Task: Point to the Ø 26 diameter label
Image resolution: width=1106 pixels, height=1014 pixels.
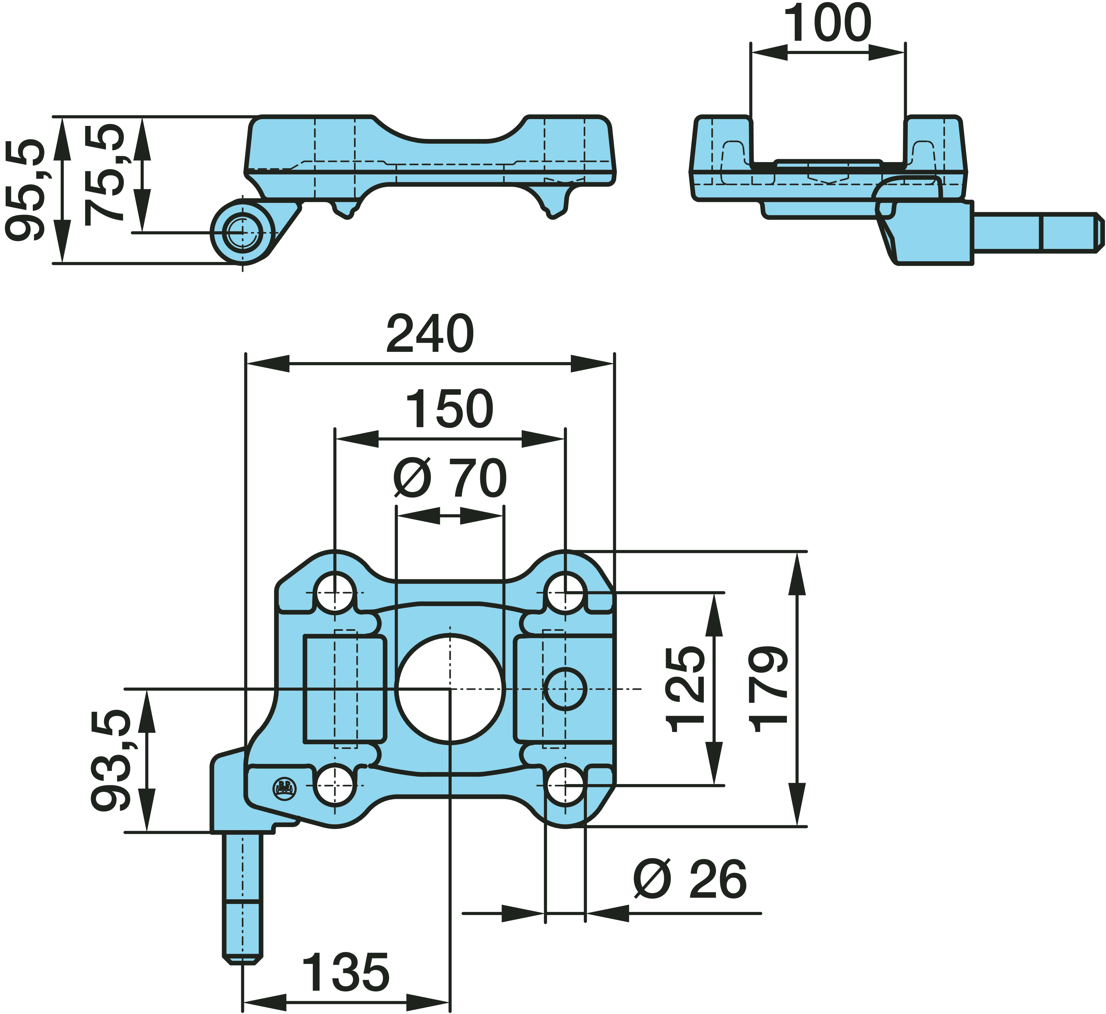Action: tap(690, 880)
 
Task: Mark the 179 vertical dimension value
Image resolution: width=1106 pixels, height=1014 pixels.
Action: tap(769, 689)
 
